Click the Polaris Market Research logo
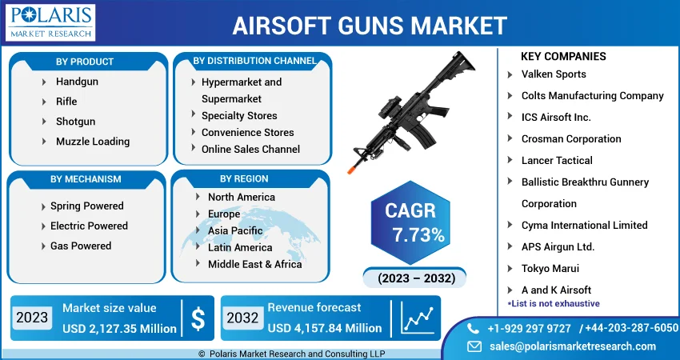pyautogui.click(x=50, y=22)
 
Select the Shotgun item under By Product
pyautogui.click(x=75, y=122)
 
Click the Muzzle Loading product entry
pyautogui.click(x=93, y=142)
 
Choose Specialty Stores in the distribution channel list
pyautogui.click(x=239, y=116)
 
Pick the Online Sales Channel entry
pyautogui.click(x=250, y=150)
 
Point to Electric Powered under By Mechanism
pyautogui.click(x=89, y=226)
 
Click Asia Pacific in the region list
pyautogui.click(x=235, y=230)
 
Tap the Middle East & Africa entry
pyautogui.click(x=255, y=264)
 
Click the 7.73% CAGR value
pyautogui.click(x=418, y=235)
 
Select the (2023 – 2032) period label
pyautogui.click(x=416, y=278)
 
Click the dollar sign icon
pyautogui.click(x=198, y=318)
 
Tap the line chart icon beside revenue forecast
pyautogui.click(x=417, y=318)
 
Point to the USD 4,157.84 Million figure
pyautogui.click(x=325, y=328)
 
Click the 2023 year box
pyautogui.click(x=32, y=318)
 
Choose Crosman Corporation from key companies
pyautogui.click(x=571, y=139)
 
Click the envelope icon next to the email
pyautogui.click(x=474, y=346)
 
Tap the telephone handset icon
pyautogui.click(x=473, y=329)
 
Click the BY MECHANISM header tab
pyautogui.click(x=86, y=179)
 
